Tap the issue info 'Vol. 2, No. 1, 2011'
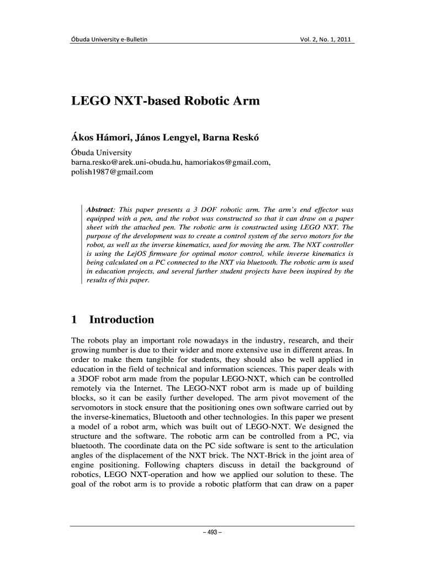point(324,39)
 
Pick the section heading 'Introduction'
point(121,319)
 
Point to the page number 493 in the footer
point(212,533)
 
